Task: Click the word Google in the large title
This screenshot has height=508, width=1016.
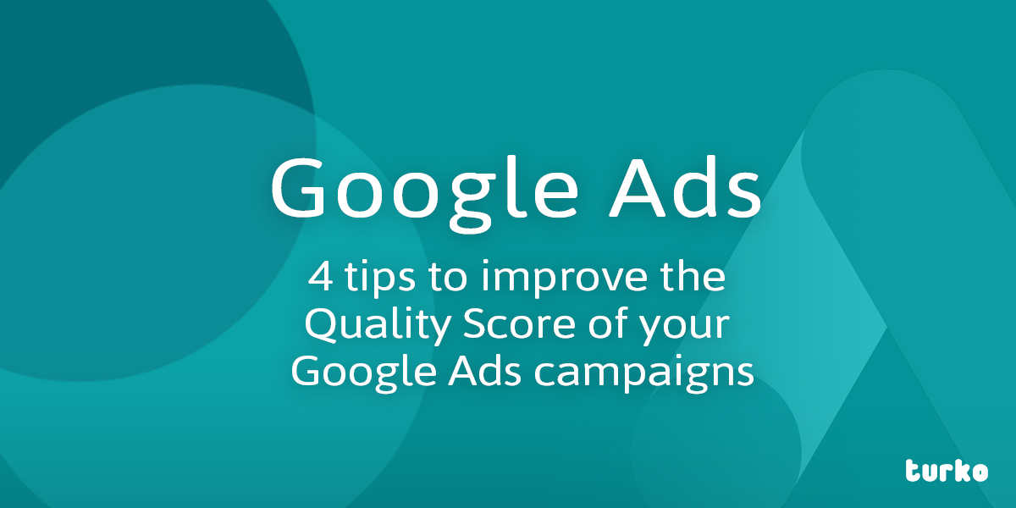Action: (x=424, y=194)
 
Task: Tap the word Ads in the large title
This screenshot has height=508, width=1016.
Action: (x=685, y=186)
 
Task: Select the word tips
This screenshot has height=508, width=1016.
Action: (x=379, y=279)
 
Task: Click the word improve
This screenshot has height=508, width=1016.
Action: (x=564, y=279)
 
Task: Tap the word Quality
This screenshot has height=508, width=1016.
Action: (x=377, y=327)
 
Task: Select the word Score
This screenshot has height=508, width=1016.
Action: (x=519, y=324)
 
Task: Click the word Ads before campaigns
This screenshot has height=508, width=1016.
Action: (x=484, y=371)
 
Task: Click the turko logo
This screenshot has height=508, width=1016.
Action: (x=947, y=472)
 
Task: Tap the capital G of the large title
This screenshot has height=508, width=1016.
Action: (x=297, y=186)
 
